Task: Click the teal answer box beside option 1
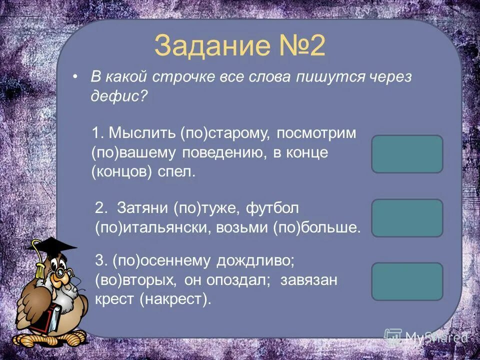point(407,154)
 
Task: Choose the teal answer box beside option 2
point(407,218)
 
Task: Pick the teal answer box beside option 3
point(407,281)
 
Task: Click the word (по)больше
point(316,227)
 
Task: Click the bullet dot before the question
point(75,77)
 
